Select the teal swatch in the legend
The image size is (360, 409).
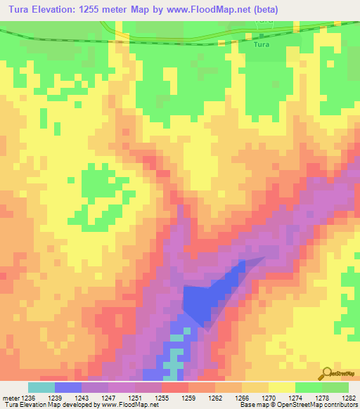coord(41,387)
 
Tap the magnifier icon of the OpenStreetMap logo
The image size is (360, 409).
coord(327,373)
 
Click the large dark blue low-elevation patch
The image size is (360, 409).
coord(204,299)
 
